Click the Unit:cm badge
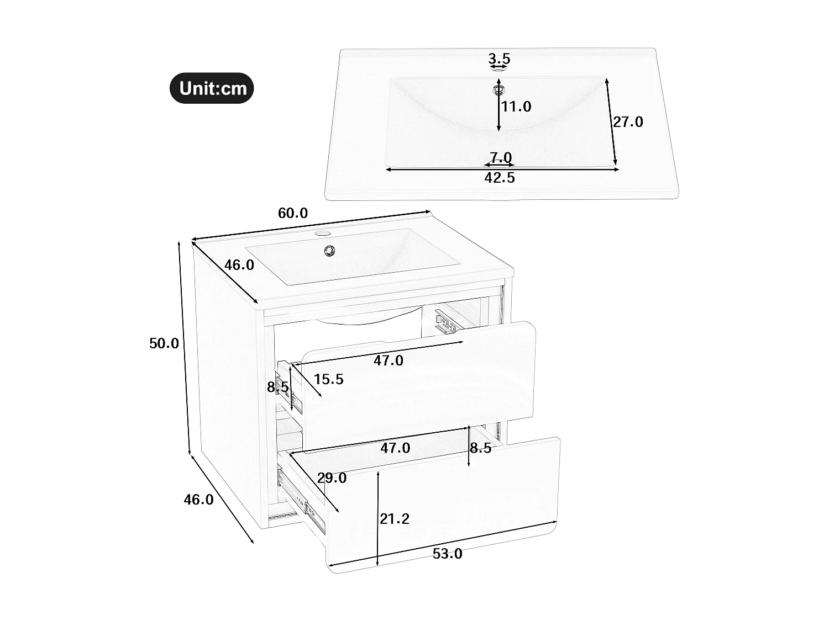point(212,88)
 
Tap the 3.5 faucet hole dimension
point(499,59)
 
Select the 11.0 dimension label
point(516,107)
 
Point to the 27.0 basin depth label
point(628,121)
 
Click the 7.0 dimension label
point(500,157)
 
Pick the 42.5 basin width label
point(500,178)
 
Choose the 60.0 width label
point(292,213)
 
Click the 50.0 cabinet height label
point(164,343)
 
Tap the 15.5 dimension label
point(329,379)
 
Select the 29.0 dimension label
point(332,478)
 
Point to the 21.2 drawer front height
point(394,518)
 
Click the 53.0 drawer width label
point(447,554)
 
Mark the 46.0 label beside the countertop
point(239,265)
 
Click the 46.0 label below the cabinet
point(198,500)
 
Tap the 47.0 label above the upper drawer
point(389,361)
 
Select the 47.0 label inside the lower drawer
point(395,448)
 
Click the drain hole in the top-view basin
point(499,88)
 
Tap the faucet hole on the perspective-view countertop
point(321,234)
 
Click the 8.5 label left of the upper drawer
point(277,388)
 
